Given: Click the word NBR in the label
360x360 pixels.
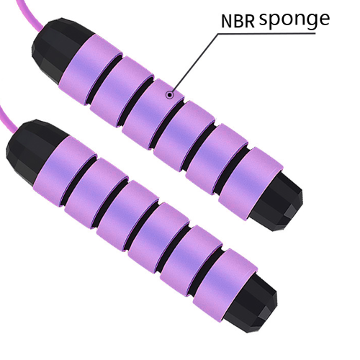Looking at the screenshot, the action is [x=238, y=21].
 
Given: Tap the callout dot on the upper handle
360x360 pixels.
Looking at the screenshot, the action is [x=170, y=95].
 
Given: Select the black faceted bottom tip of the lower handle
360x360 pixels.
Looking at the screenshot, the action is [x=252, y=303].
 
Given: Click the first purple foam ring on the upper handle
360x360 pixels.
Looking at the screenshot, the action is [x=91, y=70].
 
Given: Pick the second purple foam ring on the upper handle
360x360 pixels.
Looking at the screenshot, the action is [x=122, y=91].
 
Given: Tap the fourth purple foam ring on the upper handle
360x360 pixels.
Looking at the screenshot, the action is [x=184, y=136].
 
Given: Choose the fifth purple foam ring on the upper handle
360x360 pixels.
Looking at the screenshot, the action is [x=217, y=159].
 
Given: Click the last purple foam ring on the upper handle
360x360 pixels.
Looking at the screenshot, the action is [x=251, y=184].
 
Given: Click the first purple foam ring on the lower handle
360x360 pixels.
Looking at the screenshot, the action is [x=65, y=171].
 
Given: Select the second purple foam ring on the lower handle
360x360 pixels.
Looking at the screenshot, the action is [x=96, y=193].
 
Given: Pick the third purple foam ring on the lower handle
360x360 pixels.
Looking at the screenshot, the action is [x=127, y=216].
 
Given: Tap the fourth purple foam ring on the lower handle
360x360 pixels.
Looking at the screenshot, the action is [x=158, y=238].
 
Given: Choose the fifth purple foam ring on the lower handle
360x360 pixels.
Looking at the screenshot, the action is [x=191, y=261].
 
